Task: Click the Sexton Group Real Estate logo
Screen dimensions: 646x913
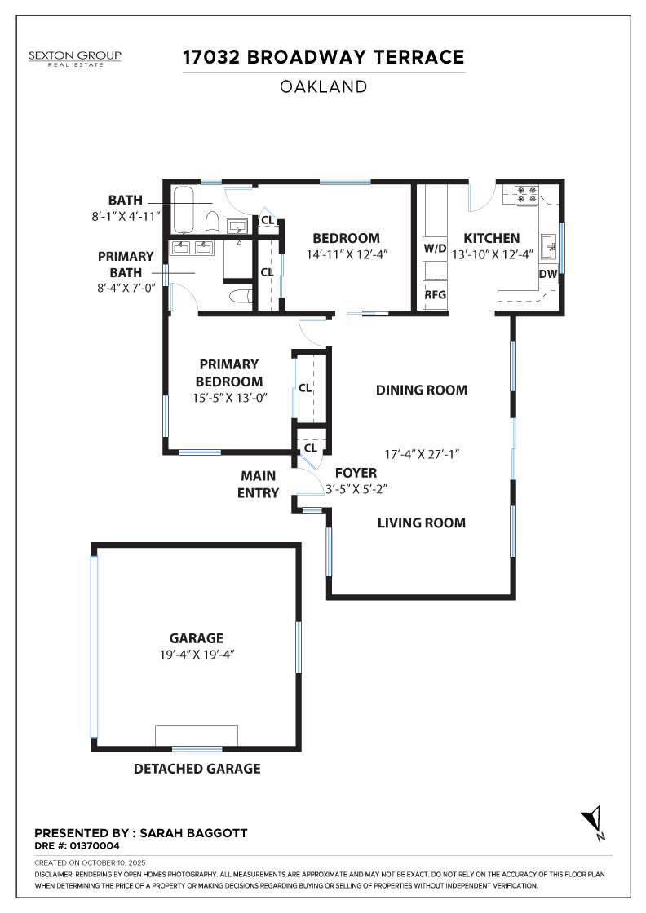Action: click(x=75, y=58)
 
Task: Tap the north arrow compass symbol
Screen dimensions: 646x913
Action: click(x=593, y=823)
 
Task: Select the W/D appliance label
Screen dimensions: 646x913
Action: click(x=435, y=249)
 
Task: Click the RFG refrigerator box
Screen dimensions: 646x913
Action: click(x=435, y=294)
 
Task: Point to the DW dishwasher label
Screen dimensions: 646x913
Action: click(x=547, y=274)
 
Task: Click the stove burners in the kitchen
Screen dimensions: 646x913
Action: click(x=527, y=195)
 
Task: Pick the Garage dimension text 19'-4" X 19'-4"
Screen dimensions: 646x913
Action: click(x=197, y=655)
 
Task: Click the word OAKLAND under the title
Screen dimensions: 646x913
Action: click(x=323, y=86)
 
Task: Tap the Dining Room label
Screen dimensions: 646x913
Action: click(x=422, y=390)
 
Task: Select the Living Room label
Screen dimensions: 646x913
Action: click(x=422, y=523)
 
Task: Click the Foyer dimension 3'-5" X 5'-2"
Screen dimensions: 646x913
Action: click(x=356, y=489)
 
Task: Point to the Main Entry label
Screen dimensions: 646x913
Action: click(x=258, y=484)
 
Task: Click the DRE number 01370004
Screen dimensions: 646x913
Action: click(x=95, y=845)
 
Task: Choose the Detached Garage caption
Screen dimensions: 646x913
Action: click(x=197, y=769)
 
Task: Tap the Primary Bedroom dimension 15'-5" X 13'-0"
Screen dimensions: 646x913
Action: click(x=229, y=399)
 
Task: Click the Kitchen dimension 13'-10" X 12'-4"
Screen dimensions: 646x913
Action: click(x=493, y=254)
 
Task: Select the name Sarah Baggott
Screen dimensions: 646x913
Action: click(x=193, y=833)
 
